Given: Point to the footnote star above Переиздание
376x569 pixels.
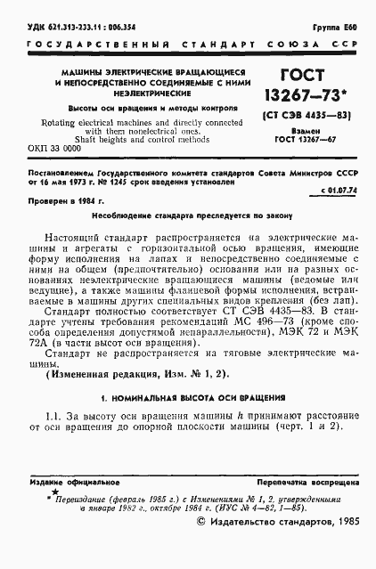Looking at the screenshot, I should pos(54,490).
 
